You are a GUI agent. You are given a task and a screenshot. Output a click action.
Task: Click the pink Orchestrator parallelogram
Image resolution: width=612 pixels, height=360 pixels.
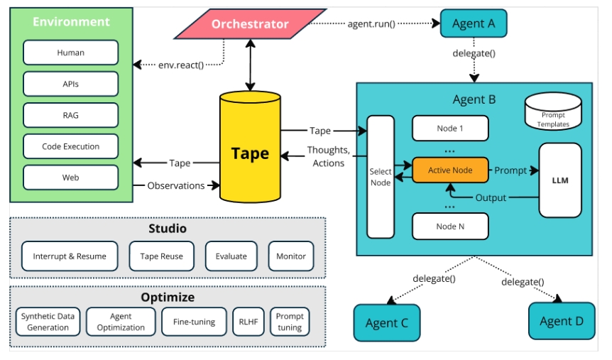tap(249, 24)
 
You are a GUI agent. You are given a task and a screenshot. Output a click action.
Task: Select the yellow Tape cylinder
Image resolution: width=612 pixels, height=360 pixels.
tap(249, 152)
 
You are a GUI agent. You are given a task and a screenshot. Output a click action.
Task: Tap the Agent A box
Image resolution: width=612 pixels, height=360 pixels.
tap(473, 23)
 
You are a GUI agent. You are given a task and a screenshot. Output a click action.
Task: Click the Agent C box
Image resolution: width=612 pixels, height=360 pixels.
tap(386, 323)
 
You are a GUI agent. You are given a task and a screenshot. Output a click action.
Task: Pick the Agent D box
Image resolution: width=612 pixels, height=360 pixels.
tap(561, 321)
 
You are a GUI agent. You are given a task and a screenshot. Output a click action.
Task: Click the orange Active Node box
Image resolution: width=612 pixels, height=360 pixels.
tap(450, 170)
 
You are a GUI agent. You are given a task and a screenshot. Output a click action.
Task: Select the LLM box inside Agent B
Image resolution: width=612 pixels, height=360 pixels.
tap(560, 180)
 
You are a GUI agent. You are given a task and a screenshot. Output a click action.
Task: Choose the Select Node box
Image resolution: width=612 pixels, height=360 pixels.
tap(381, 177)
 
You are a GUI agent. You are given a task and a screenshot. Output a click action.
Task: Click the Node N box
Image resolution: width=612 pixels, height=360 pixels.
tap(450, 226)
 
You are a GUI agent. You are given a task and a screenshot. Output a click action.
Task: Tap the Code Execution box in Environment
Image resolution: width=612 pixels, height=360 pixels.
tap(70, 146)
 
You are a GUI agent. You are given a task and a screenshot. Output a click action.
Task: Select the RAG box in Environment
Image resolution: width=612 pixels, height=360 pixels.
tap(70, 115)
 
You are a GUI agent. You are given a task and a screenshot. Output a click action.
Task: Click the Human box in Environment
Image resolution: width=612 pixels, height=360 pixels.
tap(70, 53)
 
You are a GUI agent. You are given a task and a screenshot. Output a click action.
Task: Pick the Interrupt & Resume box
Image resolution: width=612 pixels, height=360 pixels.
tap(70, 256)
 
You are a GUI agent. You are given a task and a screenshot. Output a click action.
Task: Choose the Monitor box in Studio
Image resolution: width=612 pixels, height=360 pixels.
tap(291, 256)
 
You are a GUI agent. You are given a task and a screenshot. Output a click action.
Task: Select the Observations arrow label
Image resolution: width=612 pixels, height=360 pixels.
tap(175, 186)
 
